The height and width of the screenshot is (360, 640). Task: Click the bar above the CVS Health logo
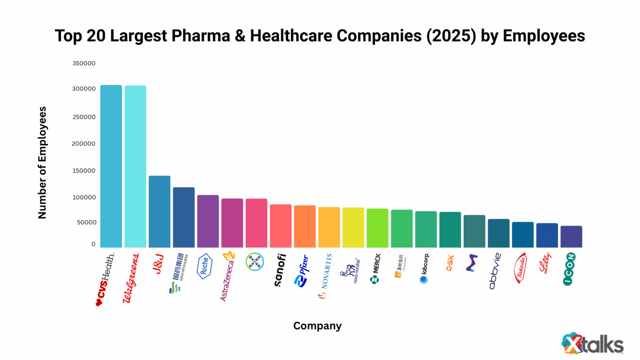pyautogui.click(x=111, y=167)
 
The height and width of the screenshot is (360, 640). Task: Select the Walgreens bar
pyautogui.click(x=135, y=167)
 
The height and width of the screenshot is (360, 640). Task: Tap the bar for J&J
pyautogui.click(x=160, y=212)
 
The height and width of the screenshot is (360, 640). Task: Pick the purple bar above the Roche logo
pyautogui.click(x=208, y=221)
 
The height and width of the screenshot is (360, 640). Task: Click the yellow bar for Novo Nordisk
pyautogui.click(x=353, y=227)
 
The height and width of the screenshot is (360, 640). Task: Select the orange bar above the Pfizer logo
pyautogui.click(x=305, y=226)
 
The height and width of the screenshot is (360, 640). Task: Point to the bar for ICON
pyautogui.click(x=571, y=237)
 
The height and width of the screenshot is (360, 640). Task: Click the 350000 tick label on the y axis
pyautogui.click(x=84, y=63)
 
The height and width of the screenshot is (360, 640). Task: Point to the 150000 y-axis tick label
pyautogui.click(x=84, y=170)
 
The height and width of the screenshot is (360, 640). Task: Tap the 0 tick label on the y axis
pyautogui.click(x=93, y=244)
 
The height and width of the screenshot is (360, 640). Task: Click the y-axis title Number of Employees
pyautogui.click(x=42, y=162)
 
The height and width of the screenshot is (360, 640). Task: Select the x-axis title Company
pyautogui.click(x=317, y=326)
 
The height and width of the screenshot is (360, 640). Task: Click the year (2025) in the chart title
pyautogui.click(x=451, y=36)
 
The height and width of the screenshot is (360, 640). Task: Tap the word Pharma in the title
pyautogui.click(x=201, y=36)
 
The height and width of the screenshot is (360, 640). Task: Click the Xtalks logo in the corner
pyautogui.click(x=592, y=343)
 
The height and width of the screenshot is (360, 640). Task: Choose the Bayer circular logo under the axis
pyautogui.click(x=255, y=262)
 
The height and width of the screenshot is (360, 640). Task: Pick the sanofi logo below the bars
pyautogui.click(x=280, y=270)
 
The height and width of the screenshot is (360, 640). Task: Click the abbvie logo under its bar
pyautogui.click(x=495, y=271)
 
